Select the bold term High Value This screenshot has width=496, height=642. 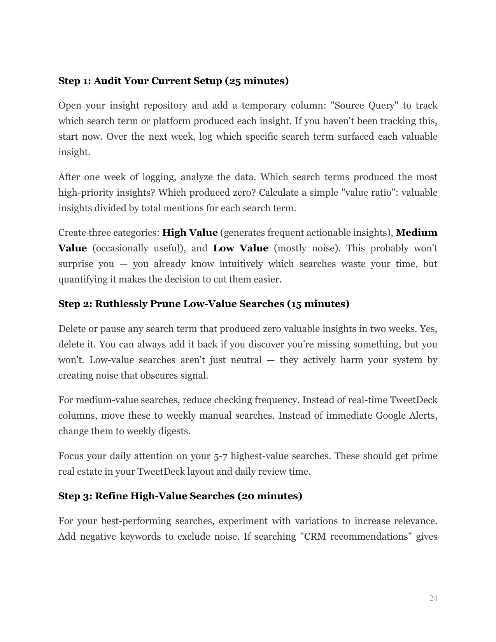point(190,233)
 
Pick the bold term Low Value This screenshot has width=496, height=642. point(241,248)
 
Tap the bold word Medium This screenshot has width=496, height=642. point(416,233)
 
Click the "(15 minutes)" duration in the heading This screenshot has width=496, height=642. point(318,304)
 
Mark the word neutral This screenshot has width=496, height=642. point(246,360)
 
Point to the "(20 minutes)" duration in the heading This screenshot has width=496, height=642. point(270,496)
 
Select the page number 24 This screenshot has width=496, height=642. point(433,598)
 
